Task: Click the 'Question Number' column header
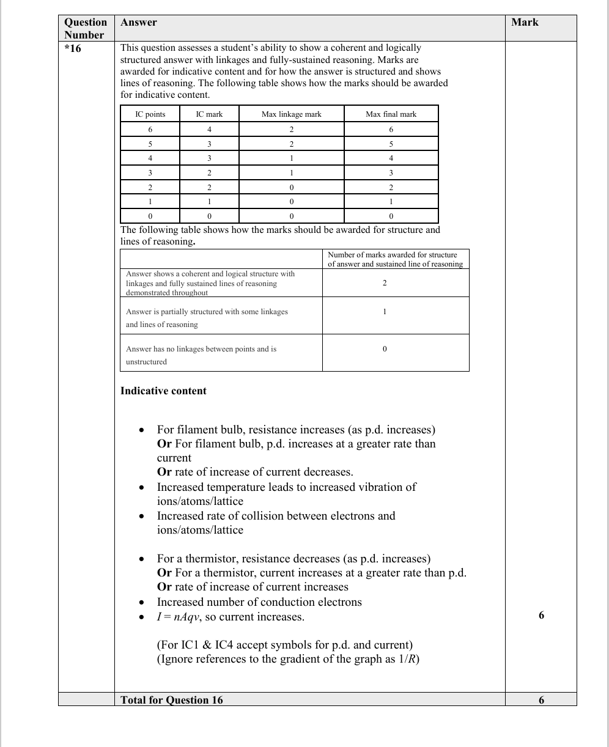(x=86, y=28)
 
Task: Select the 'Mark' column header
(x=525, y=22)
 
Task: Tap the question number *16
(x=73, y=48)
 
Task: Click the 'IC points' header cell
(x=150, y=114)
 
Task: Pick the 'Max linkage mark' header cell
(x=291, y=114)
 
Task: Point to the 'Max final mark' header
(x=391, y=114)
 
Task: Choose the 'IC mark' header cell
(x=209, y=114)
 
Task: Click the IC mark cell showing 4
(x=209, y=130)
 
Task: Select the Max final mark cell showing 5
(x=391, y=144)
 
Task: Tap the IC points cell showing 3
(x=150, y=173)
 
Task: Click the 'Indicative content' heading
(x=163, y=391)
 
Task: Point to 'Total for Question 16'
(x=172, y=700)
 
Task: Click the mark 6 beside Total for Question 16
(x=541, y=700)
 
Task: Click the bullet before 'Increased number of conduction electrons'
(x=141, y=603)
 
